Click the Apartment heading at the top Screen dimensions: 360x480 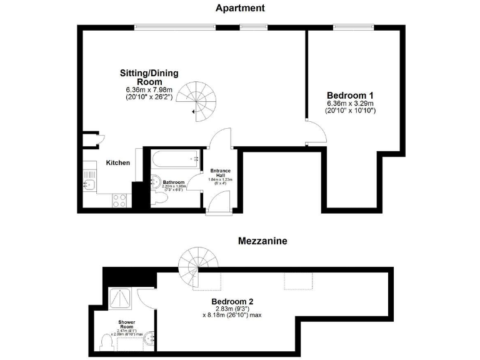[240, 8]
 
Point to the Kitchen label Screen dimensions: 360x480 [117, 163]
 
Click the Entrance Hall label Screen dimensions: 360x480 [219, 173]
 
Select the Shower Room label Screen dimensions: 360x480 [127, 324]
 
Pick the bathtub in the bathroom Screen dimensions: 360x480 [175, 159]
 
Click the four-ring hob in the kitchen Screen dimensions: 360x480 [119, 200]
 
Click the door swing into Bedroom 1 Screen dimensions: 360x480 [316, 132]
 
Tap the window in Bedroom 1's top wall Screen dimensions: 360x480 [353, 26]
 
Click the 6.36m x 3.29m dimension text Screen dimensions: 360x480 [350, 103]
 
